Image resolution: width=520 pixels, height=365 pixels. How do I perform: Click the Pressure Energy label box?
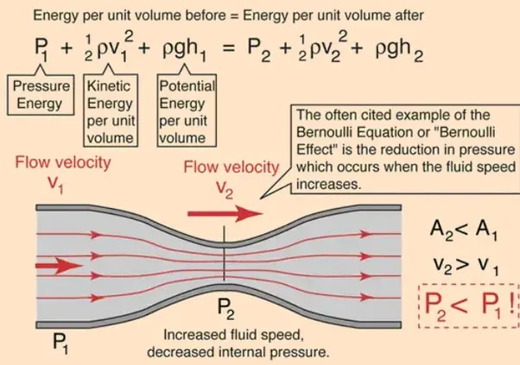41,95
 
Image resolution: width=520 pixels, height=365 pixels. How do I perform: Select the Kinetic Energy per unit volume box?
111,110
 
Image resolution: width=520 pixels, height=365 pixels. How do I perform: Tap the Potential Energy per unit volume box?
187,110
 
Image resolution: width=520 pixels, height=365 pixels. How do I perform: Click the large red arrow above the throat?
225,214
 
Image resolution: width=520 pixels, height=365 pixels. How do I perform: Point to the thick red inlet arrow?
59,266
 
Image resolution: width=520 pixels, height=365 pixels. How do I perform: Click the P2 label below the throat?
225,309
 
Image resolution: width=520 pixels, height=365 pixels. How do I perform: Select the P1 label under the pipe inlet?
60,343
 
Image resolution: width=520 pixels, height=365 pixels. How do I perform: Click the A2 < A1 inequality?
463,230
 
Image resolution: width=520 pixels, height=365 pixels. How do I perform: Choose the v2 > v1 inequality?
466,266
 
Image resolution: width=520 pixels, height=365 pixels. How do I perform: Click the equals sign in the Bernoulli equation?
229,48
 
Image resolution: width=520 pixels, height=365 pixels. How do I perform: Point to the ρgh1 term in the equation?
184,51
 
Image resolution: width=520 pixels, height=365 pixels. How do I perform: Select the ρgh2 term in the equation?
400,51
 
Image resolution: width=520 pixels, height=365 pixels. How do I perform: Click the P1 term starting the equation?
41,49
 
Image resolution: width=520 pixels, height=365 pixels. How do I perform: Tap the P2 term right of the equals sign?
259,50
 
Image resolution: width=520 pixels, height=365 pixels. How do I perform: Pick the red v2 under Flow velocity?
225,190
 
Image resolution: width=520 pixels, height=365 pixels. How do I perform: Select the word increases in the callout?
328,184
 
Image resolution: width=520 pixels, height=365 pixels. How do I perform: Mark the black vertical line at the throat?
225,254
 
